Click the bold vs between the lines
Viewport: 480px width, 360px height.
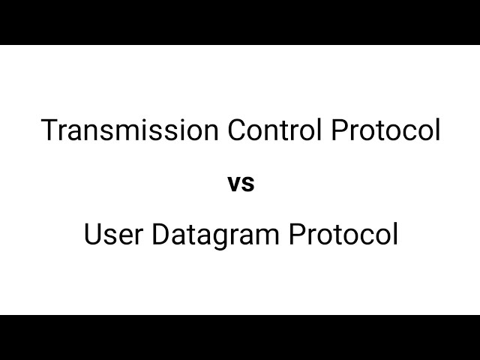tap(241, 184)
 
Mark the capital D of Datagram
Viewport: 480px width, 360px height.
tap(160, 235)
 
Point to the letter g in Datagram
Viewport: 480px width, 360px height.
tap(213, 238)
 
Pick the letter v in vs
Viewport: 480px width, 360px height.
tap(233, 184)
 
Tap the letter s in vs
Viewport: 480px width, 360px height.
tap(248, 184)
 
